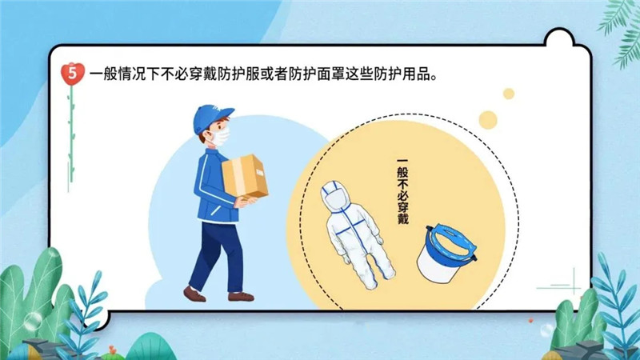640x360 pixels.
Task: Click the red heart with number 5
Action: (72, 74)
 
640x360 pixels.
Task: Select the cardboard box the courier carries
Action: (245, 176)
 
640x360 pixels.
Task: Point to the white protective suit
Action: (356, 234)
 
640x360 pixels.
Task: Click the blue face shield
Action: (446, 252)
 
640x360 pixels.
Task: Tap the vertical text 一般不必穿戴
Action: (403, 191)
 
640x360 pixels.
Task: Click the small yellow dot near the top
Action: (509, 94)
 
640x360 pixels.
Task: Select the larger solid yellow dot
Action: (488, 120)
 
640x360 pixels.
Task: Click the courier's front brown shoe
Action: (241, 297)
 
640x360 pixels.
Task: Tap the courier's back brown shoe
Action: (194, 294)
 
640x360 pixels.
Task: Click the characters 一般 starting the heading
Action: (103, 74)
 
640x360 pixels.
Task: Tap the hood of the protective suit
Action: (335, 197)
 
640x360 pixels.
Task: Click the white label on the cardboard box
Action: (259, 173)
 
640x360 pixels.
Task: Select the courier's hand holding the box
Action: (246, 202)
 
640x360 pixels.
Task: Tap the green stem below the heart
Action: (71, 134)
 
